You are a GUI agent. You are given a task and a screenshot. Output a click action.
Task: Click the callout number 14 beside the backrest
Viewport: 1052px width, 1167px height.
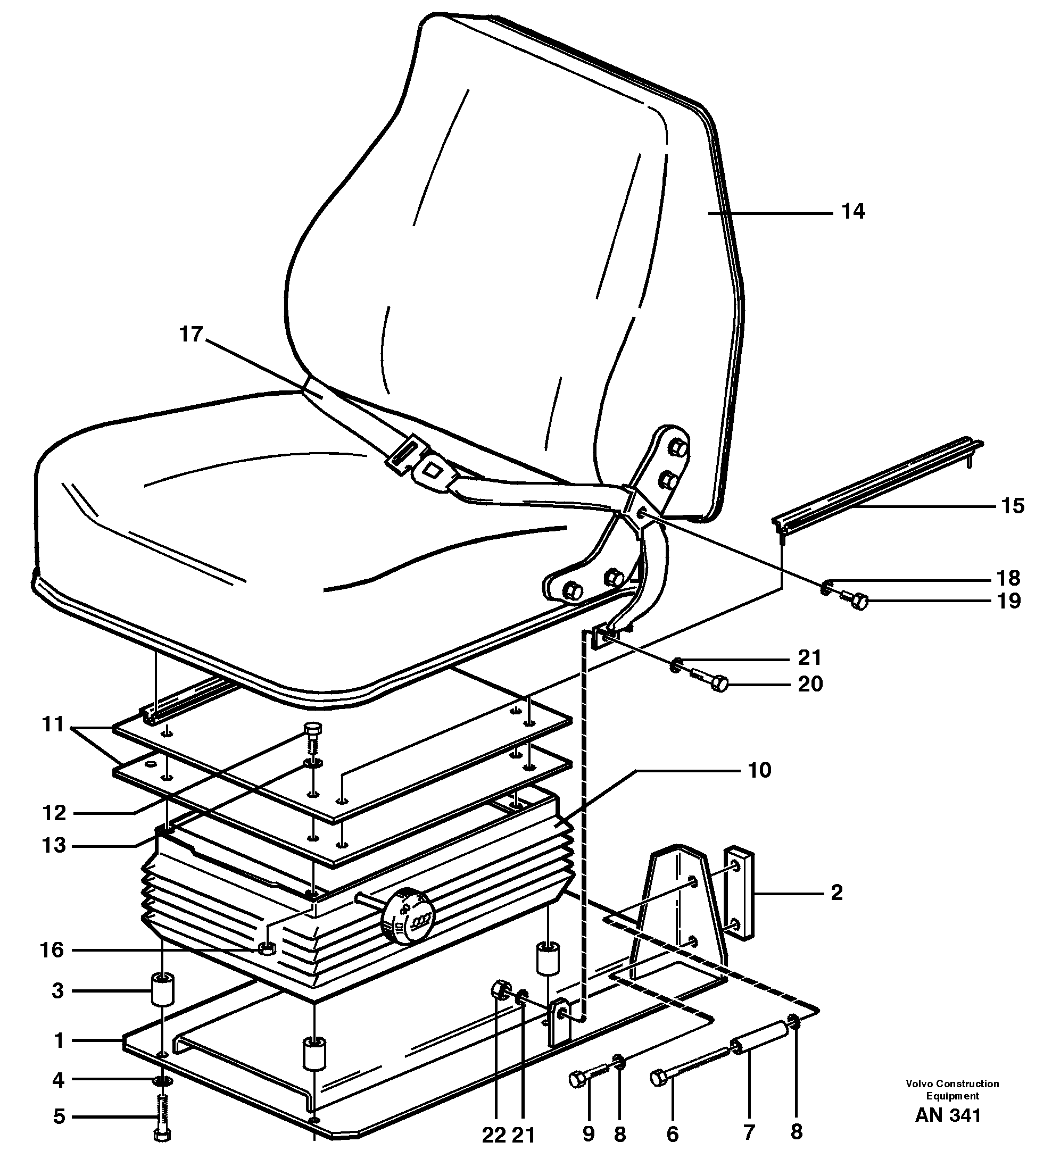[x=852, y=212]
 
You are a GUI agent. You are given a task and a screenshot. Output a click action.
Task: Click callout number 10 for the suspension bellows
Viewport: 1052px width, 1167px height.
[x=759, y=770]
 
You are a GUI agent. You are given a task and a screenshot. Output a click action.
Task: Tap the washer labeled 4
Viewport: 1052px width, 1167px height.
[x=162, y=1080]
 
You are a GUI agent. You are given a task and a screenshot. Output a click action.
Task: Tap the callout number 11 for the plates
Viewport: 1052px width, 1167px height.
[x=53, y=724]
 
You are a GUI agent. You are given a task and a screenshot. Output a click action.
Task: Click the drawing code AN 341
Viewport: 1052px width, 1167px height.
[x=948, y=1131]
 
